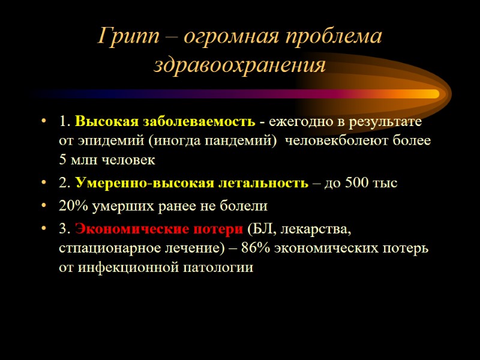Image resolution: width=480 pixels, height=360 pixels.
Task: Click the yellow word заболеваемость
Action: click(199, 122)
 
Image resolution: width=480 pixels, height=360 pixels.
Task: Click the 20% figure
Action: click(72, 206)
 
